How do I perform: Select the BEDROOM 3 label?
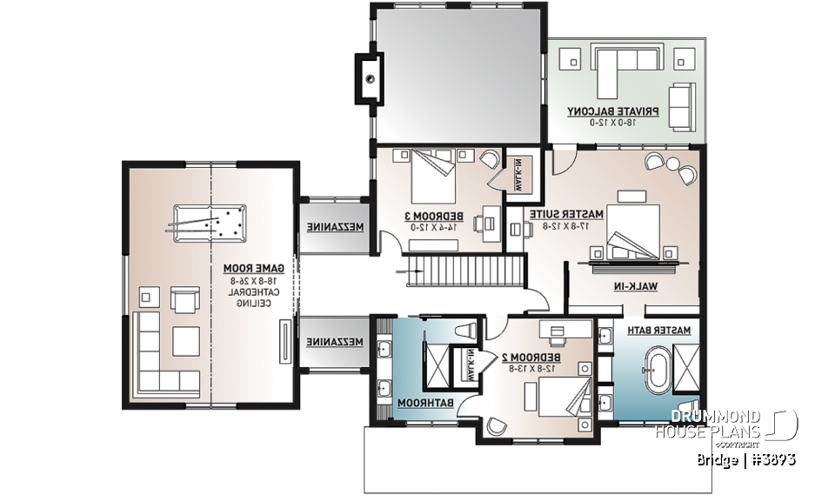pyautogui.click(x=432, y=215)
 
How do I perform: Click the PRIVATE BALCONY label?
pyautogui.click(x=613, y=111)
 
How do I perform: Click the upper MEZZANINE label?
pyautogui.click(x=329, y=226)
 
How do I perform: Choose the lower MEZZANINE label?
pyautogui.click(x=329, y=343)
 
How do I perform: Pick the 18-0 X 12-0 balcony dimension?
pyautogui.click(x=613, y=123)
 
